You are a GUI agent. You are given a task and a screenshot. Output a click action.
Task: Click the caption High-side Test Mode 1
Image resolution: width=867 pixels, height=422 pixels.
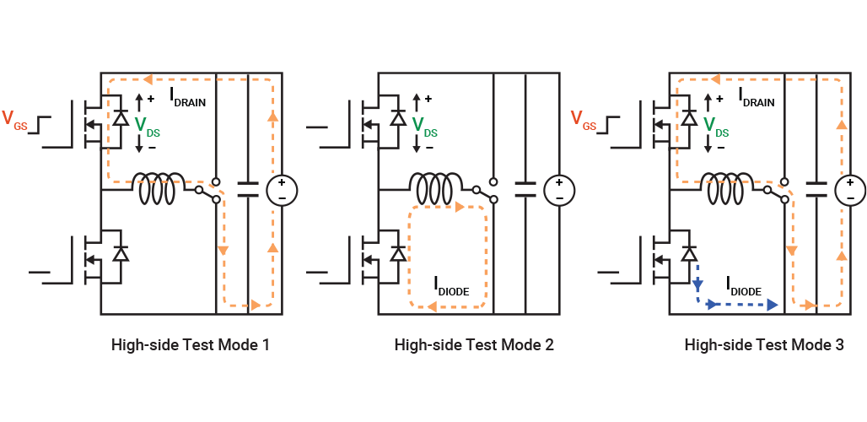coord(191,344)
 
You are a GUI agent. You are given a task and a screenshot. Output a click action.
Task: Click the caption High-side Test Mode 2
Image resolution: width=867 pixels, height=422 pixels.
coord(474,344)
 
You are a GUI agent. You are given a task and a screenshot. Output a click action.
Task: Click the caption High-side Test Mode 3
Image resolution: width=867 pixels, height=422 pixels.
coord(763,344)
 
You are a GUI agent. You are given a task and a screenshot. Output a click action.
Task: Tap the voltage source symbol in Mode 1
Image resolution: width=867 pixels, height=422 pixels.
coord(282,190)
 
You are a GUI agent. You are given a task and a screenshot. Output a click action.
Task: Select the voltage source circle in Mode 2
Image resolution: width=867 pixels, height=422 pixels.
coord(558,190)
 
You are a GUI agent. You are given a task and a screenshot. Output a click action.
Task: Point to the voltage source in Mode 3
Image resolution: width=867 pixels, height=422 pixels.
coord(849,190)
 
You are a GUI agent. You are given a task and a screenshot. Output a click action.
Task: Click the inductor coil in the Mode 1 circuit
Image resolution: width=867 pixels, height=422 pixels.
coord(159,189)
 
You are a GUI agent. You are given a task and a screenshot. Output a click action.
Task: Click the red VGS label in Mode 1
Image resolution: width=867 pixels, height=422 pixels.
coord(15,120)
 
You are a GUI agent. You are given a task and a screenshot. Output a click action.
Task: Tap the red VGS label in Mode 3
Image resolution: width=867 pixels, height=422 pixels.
coord(584,120)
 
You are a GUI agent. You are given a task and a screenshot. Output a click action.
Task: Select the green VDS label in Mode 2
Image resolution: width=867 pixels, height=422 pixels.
coord(424,127)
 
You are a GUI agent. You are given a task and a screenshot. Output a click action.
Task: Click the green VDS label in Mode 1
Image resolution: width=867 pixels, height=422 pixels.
coord(147,127)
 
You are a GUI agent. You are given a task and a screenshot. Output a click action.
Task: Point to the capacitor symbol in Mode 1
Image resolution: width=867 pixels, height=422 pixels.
coord(248,189)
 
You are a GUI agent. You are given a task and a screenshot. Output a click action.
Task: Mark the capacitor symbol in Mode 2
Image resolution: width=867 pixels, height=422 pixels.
coord(525,189)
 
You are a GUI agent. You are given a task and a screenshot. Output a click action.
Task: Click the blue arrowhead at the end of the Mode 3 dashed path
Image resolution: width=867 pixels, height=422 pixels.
coord(773,305)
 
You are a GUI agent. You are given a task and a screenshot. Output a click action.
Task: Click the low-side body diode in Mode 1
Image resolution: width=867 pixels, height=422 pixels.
coord(121,254)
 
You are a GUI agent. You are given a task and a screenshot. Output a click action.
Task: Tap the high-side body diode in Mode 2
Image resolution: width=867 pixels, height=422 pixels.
coord(399,120)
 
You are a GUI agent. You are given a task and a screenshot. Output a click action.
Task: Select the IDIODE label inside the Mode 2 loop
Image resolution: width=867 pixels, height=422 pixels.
coord(451,290)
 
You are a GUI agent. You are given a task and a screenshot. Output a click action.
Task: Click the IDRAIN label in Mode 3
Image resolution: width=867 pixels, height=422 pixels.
coord(762,99)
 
